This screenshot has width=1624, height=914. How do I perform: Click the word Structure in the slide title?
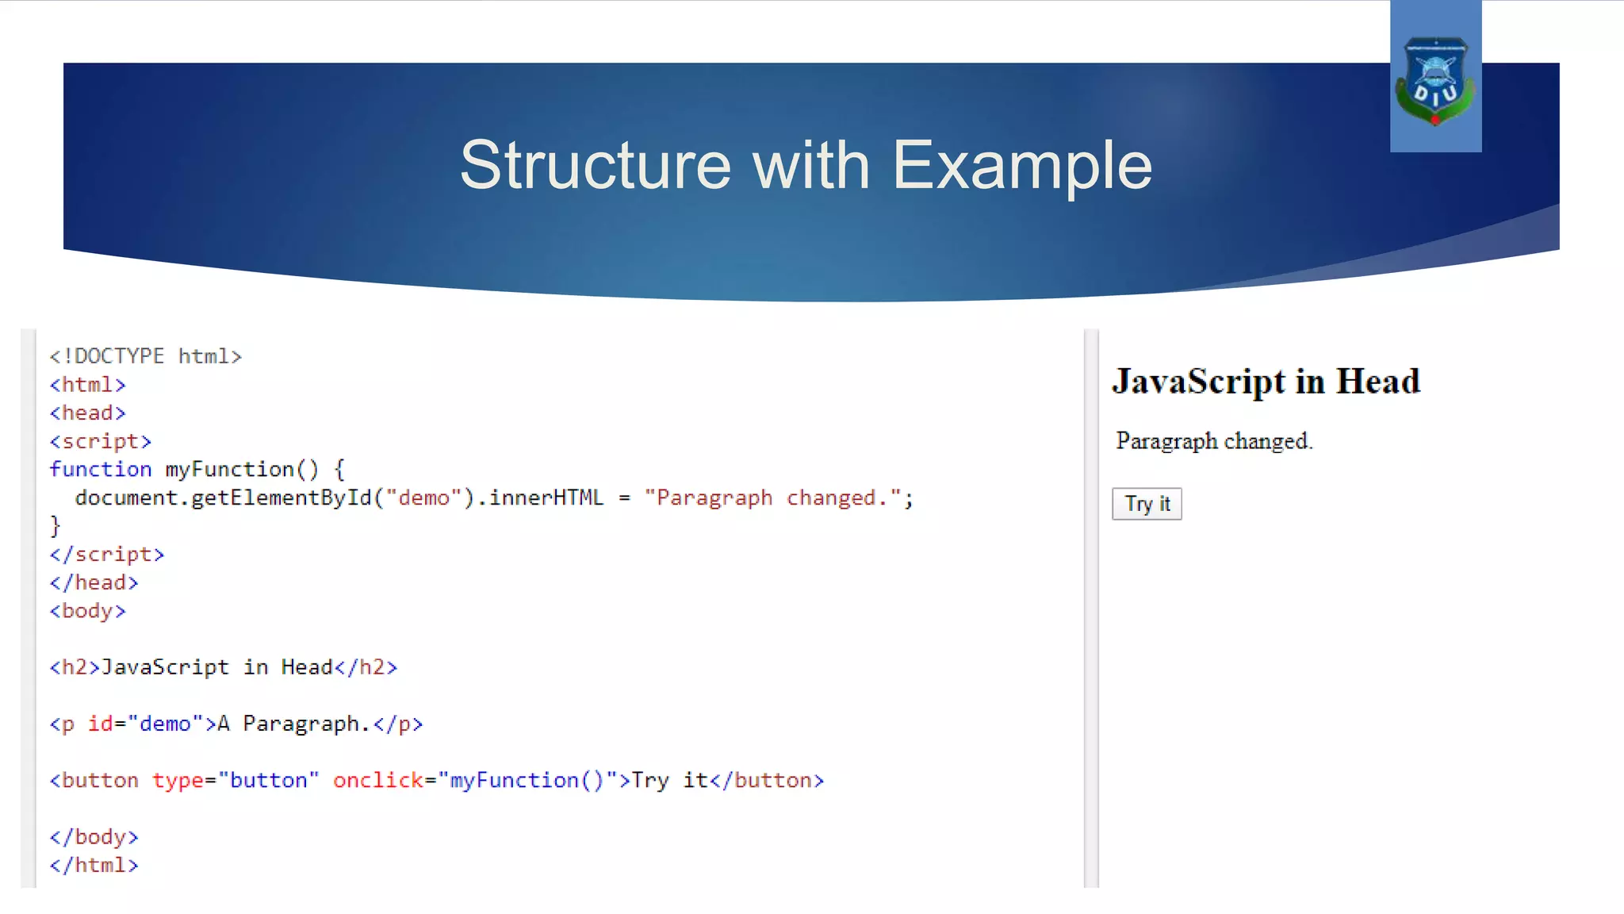(595, 165)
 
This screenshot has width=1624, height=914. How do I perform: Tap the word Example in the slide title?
(1022, 165)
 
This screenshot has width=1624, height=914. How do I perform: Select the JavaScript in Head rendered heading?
(1266, 382)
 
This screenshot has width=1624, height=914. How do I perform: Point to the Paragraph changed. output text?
(1214, 441)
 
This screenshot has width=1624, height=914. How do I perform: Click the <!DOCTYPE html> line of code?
(145, 356)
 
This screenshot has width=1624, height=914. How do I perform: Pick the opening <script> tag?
(100, 441)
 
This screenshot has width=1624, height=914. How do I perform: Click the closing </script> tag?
(106, 555)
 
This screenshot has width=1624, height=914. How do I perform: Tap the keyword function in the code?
(100, 470)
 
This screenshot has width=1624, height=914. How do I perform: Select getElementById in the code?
(282, 498)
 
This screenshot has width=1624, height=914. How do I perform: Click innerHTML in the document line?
(546, 498)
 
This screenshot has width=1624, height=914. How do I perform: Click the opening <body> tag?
(87, 611)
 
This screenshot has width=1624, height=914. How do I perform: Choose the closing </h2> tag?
(366, 667)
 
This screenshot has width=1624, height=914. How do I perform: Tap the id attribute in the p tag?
(100, 724)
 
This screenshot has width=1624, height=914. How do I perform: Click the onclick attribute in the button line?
(378, 781)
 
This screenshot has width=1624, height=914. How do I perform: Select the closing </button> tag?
(767, 781)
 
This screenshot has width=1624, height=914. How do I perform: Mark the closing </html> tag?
(94, 866)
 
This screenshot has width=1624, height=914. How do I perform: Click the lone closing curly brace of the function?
(55, 526)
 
